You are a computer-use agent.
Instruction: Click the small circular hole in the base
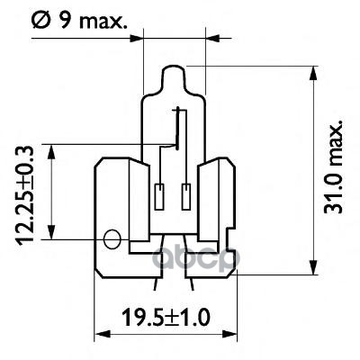(112, 239)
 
